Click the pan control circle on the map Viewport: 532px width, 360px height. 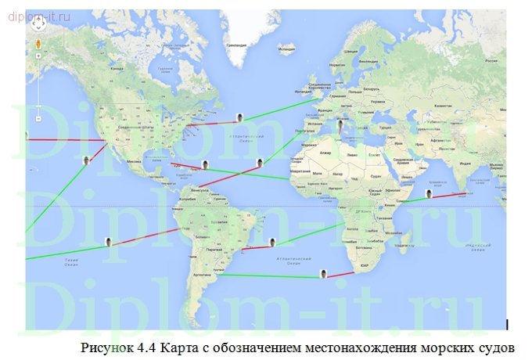click(x=38, y=23)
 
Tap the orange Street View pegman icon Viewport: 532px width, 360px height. click(x=38, y=56)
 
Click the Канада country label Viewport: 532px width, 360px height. click(x=117, y=69)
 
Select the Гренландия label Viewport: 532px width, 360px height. click(x=236, y=45)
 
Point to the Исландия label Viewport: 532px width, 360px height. click(x=287, y=51)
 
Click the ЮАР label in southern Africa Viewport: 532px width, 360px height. click(x=365, y=267)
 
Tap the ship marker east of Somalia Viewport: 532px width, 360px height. click(x=429, y=193)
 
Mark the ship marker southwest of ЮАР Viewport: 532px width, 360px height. click(x=323, y=273)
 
